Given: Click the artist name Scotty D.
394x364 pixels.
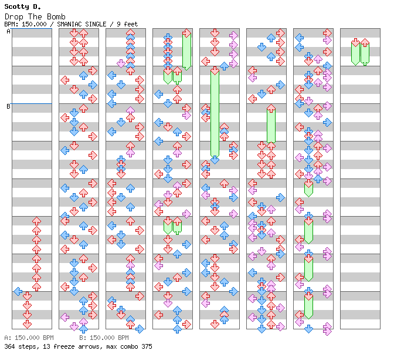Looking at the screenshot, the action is coord(23,6).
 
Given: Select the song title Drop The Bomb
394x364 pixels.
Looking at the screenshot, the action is coord(35,17).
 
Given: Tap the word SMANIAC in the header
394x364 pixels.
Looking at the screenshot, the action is coord(69,24).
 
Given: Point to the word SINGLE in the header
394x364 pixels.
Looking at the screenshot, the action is coord(96,24).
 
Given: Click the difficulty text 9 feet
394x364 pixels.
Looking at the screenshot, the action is coord(127,24).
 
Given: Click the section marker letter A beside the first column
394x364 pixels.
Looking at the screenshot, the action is coord(8,31).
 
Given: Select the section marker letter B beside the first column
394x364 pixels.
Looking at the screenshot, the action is coord(8,106).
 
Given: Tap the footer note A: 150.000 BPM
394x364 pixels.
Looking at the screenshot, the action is coord(29,338).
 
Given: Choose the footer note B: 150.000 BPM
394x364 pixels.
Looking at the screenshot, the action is coord(104,338).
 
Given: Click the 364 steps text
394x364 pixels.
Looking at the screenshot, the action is coord(21,346).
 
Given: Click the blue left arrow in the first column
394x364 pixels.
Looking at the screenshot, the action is coord(18,292).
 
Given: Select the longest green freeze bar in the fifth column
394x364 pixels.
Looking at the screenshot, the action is coord(215,114).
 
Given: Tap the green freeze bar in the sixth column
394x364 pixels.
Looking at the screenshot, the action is coord(271,124).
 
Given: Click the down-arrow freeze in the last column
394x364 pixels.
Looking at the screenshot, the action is coord(355,52).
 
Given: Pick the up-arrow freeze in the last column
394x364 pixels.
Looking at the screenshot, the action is coord(365,52).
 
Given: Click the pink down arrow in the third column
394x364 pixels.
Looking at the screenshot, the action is coord(121,63).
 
